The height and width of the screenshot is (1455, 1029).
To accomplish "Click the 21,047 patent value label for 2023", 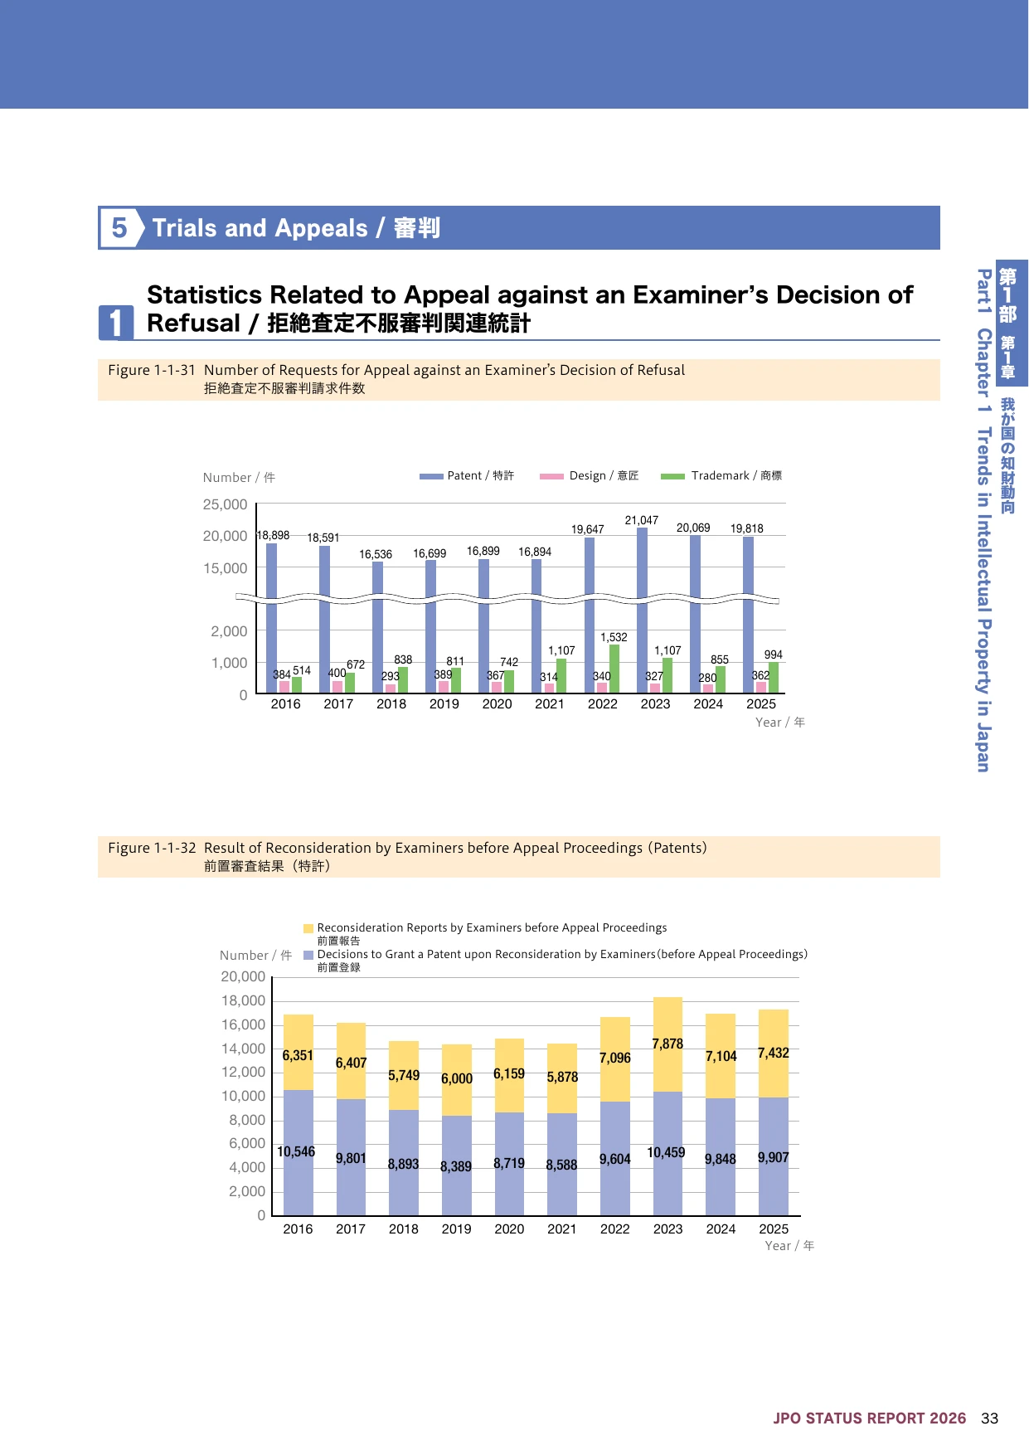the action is point(642,520).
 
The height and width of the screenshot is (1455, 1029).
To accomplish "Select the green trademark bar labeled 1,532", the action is point(614,669).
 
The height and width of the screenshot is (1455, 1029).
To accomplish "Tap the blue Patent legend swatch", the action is point(431,476).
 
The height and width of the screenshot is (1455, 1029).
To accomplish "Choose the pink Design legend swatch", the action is point(551,476).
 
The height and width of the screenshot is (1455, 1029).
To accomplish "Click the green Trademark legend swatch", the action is point(672,476).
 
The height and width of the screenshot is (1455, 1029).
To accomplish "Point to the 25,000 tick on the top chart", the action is point(225,504).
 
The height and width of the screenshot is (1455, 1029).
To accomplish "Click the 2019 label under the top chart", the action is point(444,704).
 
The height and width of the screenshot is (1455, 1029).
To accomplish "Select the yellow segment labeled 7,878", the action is point(667,1044).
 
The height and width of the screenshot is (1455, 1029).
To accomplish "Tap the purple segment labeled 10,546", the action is point(299,1153).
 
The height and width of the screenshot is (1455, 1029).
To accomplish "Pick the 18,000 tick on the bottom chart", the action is point(243,1001).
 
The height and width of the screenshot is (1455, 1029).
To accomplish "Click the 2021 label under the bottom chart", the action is point(562,1229).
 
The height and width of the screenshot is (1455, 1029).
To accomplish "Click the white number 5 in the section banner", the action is point(119,227).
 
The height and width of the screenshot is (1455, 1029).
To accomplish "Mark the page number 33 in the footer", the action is point(989,1419).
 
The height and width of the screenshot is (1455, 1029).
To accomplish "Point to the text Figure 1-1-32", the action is point(152,848).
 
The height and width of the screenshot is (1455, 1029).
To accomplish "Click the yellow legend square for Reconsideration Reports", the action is point(308,928).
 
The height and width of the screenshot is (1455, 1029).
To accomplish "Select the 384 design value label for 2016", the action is point(282,675).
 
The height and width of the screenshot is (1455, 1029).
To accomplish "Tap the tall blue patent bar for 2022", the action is point(590,616).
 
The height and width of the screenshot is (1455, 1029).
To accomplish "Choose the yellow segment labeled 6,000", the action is point(457,1080).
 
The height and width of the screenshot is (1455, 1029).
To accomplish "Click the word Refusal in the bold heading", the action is point(193,324).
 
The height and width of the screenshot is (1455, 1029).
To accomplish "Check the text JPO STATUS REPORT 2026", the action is point(870,1419).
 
